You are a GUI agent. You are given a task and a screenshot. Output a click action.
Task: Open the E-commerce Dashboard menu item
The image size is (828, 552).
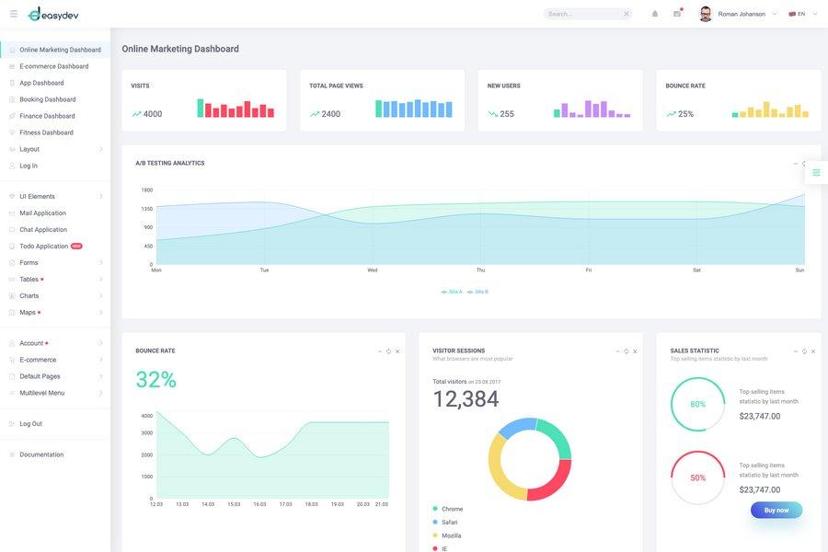(x=53, y=66)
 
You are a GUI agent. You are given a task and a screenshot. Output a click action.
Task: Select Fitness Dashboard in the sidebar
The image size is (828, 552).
(x=46, y=132)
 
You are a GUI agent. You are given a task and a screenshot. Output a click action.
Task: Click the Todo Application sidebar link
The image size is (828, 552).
(x=44, y=247)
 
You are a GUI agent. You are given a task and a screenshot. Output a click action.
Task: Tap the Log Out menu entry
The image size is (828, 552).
(x=30, y=424)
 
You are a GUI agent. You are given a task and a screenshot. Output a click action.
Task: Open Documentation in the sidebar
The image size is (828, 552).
(x=41, y=454)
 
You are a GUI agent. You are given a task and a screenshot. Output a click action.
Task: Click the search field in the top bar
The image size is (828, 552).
(x=582, y=14)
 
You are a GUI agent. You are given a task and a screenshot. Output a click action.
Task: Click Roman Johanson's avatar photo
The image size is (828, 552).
(x=706, y=14)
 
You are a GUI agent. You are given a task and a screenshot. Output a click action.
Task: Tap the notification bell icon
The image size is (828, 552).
(x=655, y=14)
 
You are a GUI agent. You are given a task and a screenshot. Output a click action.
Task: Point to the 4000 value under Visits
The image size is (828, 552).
(x=153, y=114)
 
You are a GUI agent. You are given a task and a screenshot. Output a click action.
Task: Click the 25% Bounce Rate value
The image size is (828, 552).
(x=685, y=114)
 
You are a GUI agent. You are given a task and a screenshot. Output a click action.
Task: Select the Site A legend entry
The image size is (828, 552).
(x=453, y=292)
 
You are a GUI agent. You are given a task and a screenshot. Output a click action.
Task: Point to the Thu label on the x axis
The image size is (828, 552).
(x=480, y=270)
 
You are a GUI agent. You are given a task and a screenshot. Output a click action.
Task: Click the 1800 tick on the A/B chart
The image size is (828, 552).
(x=147, y=190)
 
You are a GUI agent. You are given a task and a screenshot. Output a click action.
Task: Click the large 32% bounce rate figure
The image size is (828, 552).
(x=155, y=380)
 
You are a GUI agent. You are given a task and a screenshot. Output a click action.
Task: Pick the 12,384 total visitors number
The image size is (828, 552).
(x=466, y=399)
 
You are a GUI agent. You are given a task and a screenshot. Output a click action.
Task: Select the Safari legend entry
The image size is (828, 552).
(x=449, y=523)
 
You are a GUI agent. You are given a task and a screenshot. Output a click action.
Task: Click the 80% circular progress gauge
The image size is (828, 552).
(x=697, y=404)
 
